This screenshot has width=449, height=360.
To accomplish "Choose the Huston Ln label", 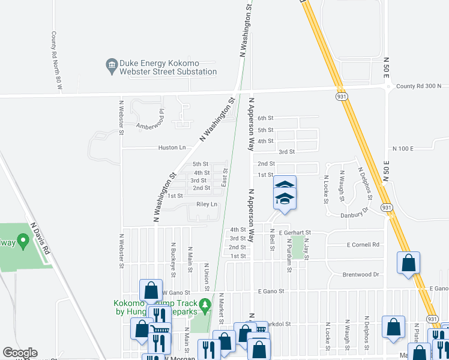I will point(172,148).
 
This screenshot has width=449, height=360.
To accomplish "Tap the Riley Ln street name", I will point(206,205).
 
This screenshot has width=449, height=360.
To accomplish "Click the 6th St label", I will point(265,118).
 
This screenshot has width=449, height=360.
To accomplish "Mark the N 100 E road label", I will point(403,148).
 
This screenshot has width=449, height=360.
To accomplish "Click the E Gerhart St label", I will point(294,232).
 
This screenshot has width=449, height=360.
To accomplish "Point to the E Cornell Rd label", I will point(364,245).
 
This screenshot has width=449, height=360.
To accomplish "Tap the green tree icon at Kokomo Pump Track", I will point(204,304).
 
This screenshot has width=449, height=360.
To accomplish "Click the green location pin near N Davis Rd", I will point(23,242).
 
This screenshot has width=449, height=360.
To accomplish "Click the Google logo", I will point(20,353).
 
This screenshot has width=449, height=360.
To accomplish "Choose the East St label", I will point(225,176).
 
